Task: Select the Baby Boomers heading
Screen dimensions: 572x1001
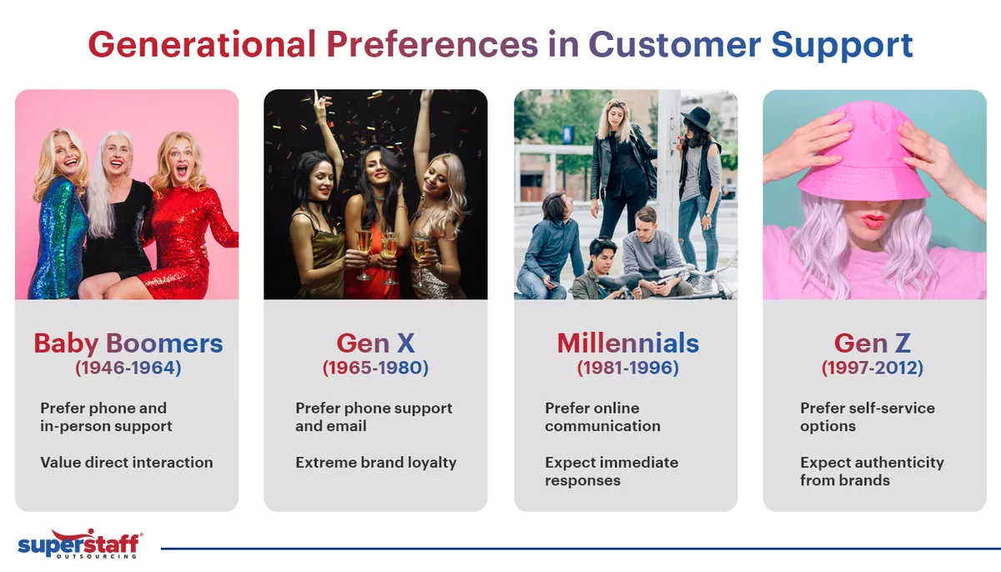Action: [x=128, y=343]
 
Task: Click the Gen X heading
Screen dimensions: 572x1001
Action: [x=375, y=343]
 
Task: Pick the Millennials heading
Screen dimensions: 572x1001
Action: [x=627, y=343]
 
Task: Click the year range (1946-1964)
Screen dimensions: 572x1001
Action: [x=128, y=367]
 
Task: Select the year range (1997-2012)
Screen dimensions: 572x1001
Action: [x=873, y=367]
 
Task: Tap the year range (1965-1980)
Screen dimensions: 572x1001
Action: [x=375, y=367]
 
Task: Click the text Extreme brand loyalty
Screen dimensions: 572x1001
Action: [x=375, y=462]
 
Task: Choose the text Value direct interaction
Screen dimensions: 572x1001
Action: [x=126, y=462]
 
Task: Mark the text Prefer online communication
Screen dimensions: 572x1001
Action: [x=602, y=417]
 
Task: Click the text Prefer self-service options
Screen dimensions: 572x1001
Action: [x=868, y=417]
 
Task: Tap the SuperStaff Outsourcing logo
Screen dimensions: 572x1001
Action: [x=79, y=546]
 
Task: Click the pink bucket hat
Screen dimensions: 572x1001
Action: [x=863, y=154]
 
